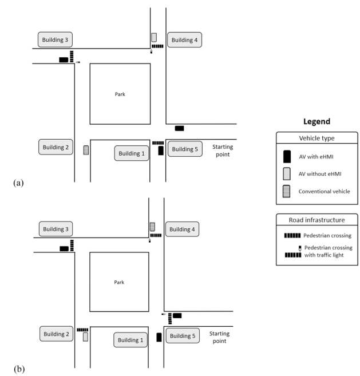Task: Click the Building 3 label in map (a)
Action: point(55,39)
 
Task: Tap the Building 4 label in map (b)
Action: point(182,229)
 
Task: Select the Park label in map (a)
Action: point(120,94)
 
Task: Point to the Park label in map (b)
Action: point(119,282)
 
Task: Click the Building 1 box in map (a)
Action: point(132,153)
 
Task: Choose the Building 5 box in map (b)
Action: point(183,336)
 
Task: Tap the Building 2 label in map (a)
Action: point(56,147)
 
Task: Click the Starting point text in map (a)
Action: point(223,151)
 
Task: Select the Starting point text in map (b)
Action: point(219,337)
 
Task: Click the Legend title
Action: point(317,121)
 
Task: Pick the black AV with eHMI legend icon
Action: point(287,157)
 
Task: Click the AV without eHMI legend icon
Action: point(287,174)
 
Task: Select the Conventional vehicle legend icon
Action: point(286,191)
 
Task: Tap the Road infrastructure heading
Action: point(317,220)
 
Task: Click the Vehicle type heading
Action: point(317,138)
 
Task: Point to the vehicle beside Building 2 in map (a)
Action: point(86,150)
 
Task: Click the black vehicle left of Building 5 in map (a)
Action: point(161,151)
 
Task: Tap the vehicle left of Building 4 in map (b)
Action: point(152,227)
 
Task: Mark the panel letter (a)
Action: point(18,183)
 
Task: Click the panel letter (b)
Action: point(19,369)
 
